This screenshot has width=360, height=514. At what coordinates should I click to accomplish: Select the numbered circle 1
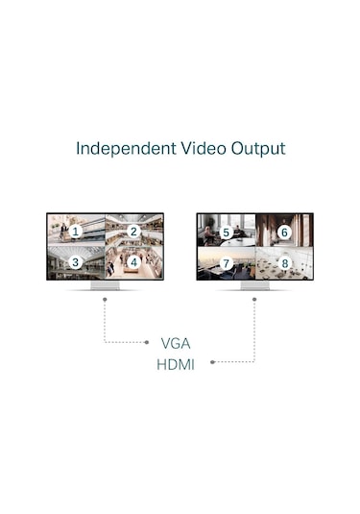(76, 232)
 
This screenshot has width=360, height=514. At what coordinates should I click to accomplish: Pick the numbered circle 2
(134, 232)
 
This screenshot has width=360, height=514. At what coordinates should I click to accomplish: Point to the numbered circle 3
(76, 261)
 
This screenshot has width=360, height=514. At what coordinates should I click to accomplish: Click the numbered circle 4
(134, 261)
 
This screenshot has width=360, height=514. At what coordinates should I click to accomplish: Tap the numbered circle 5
(227, 233)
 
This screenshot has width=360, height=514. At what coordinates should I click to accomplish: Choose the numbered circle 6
(284, 233)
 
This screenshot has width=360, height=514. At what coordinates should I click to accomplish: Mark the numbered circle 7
(227, 262)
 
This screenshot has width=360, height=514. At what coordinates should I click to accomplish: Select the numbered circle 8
(284, 262)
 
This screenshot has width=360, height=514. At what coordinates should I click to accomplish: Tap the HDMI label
(176, 364)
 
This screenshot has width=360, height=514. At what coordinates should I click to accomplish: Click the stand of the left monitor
(105, 285)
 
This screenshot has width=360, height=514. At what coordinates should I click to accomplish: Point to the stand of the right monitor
(254, 285)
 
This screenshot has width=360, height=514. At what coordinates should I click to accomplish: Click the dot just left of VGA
(147, 342)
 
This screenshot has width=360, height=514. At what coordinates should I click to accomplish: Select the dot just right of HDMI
(211, 362)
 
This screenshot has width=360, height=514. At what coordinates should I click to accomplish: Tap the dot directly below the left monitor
(105, 299)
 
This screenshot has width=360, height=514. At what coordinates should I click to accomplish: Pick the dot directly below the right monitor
(254, 299)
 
